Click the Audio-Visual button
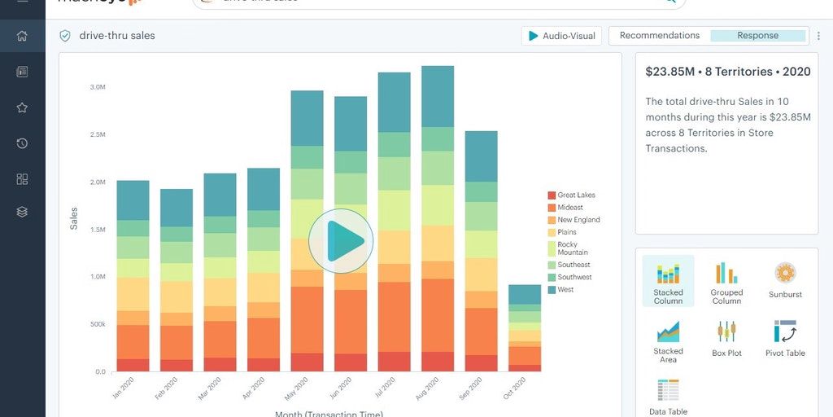coord(561,36)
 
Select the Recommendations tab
coord(660,36)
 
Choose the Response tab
coord(757,36)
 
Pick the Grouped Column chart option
coord(726,283)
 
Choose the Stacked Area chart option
coord(668,341)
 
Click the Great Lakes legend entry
coord(576,195)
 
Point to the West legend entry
coord(565,290)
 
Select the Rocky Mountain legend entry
coord(573,248)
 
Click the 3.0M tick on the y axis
coord(98,87)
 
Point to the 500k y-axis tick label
coord(97,324)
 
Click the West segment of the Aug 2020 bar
coord(438,96)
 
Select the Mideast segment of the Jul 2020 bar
coord(395,317)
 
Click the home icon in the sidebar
coord(22,36)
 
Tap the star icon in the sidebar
coord(22,108)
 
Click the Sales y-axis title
coord(74,218)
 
